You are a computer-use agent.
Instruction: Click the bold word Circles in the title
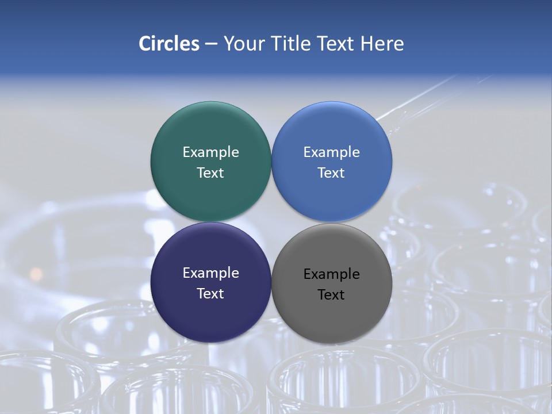pyautogui.click(x=169, y=44)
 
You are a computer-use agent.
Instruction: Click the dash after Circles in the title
pyautogui.click(x=211, y=44)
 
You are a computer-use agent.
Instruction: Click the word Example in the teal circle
pyautogui.click(x=210, y=152)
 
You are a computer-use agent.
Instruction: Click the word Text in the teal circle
pyautogui.click(x=210, y=172)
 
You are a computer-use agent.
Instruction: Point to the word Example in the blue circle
pyautogui.click(x=332, y=152)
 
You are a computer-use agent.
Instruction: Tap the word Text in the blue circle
pyautogui.click(x=332, y=172)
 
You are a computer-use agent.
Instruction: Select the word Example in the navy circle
pyautogui.click(x=210, y=273)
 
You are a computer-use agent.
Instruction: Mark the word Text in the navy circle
pyautogui.click(x=210, y=293)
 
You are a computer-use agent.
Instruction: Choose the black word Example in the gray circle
pyautogui.click(x=332, y=274)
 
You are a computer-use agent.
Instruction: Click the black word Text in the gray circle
pyautogui.click(x=332, y=294)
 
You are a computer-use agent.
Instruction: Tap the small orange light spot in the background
pyautogui.click(x=36, y=272)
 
